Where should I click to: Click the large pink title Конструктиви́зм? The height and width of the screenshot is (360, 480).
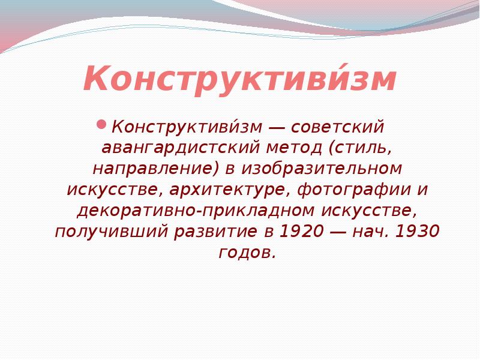coord(240,80)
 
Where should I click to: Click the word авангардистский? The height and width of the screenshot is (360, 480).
coord(180,148)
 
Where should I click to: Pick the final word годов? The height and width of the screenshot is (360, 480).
coord(248,253)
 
